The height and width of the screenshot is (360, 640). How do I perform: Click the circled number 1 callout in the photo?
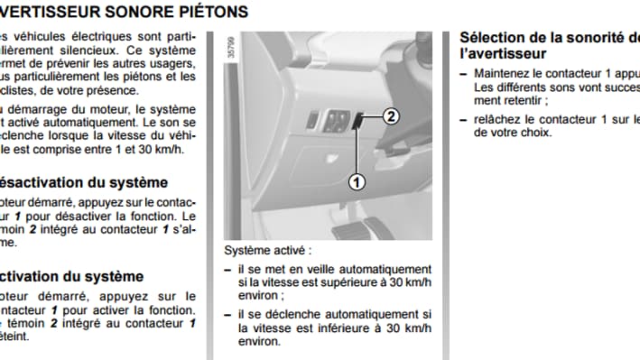pyautogui.click(x=357, y=181)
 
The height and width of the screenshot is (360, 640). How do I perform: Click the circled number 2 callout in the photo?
pyautogui.click(x=390, y=115)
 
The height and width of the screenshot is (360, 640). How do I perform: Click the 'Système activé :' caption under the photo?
pyautogui.click(x=266, y=250)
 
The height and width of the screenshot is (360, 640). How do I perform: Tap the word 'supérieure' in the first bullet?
pyautogui.click(x=348, y=282)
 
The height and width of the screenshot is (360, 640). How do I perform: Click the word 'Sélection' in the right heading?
pyautogui.click(x=496, y=37)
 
